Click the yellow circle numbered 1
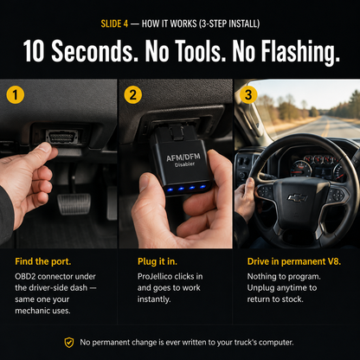(x=16, y=94)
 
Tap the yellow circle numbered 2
(x=133, y=94)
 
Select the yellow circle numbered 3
(x=248, y=94)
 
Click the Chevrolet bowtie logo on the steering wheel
(x=298, y=197)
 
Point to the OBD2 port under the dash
(x=62, y=137)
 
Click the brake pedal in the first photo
(x=74, y=204)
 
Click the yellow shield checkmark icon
(x=69, y=343)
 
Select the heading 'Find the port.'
(x=43, y=261)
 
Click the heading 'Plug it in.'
(x=157, y=261)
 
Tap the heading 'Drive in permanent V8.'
(x=294, y=261)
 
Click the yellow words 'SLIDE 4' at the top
(x=114, y=23)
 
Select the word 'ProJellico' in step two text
(x=157, y=276)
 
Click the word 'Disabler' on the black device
(x=184, y=165)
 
